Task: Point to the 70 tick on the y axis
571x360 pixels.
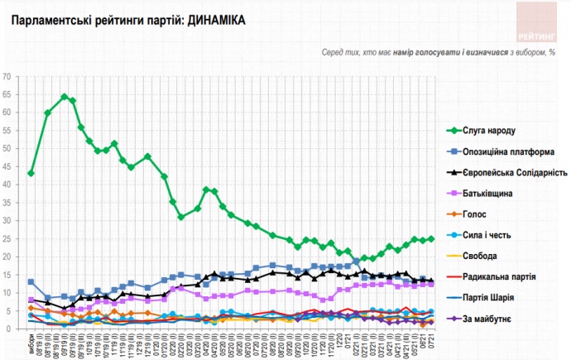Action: click(x=7, y=76)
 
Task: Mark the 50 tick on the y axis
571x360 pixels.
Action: click(x=7, y=148)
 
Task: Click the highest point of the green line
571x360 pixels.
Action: click(x=65, y=97)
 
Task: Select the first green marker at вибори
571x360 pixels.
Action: click(x=31, y=173)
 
